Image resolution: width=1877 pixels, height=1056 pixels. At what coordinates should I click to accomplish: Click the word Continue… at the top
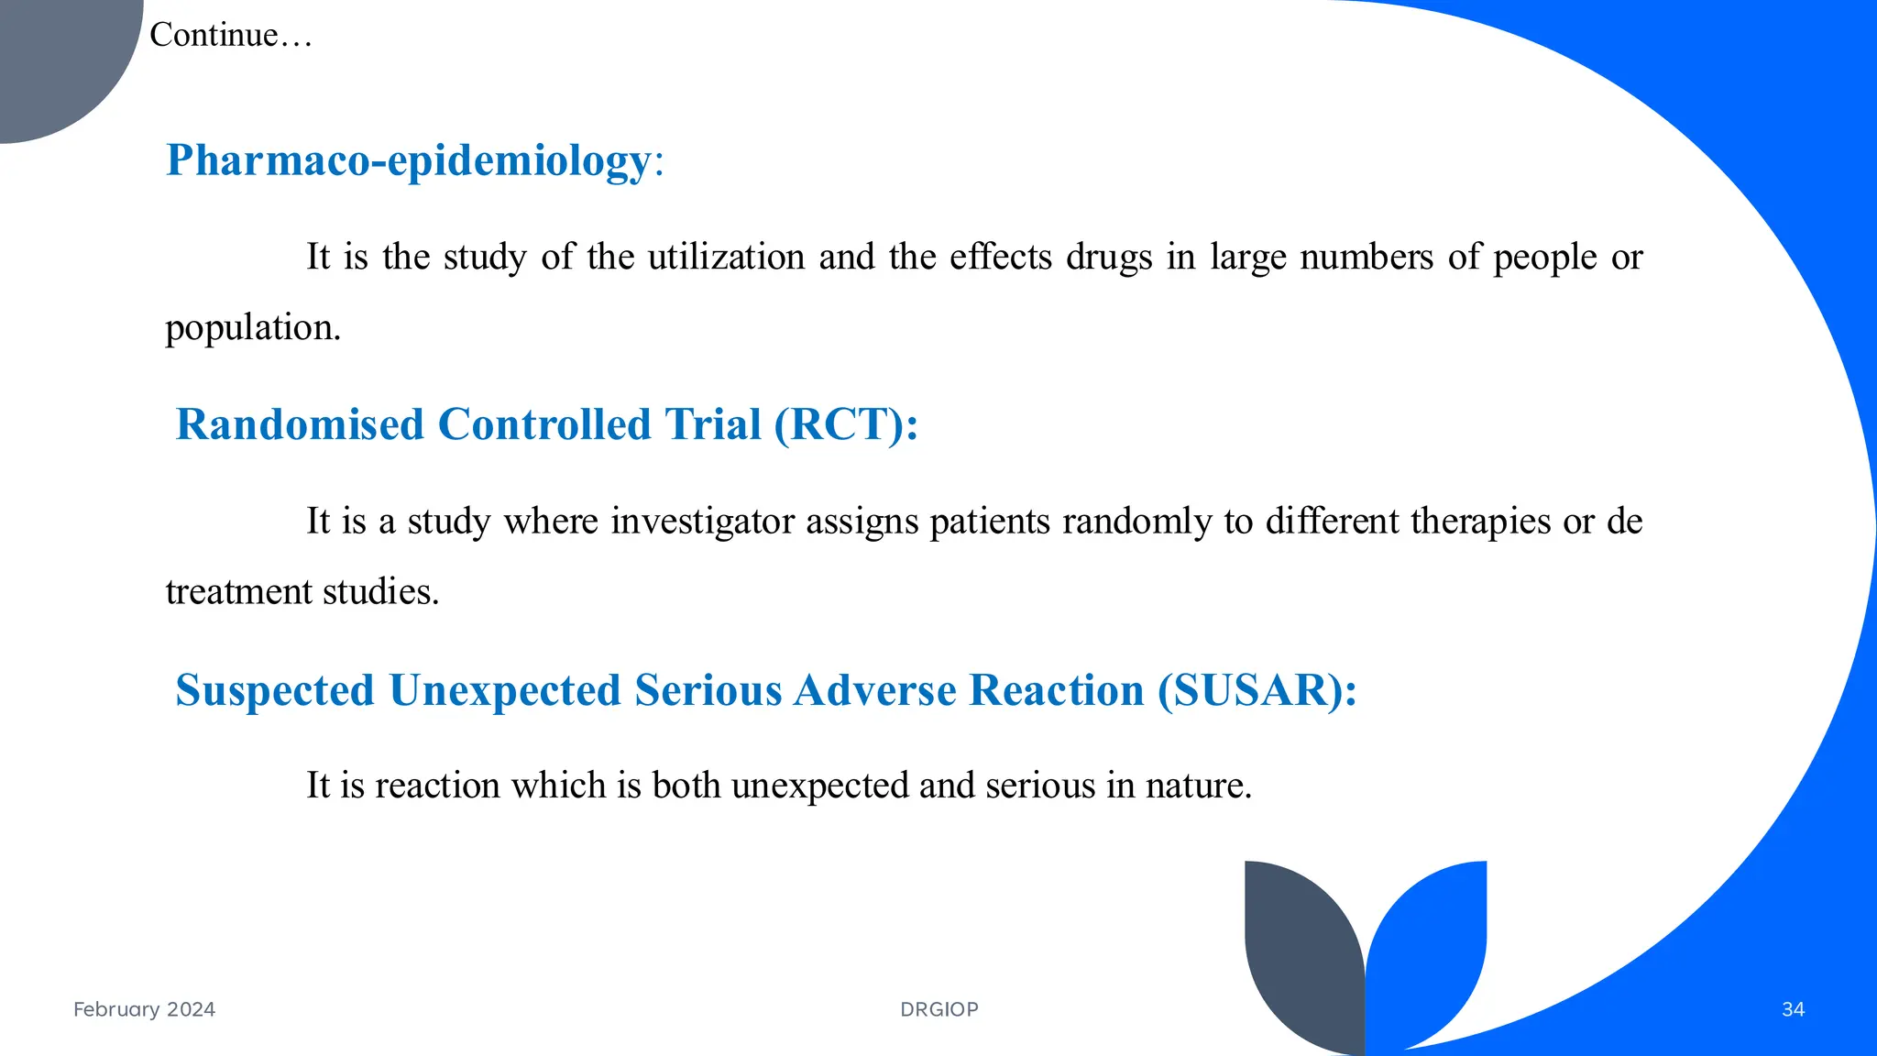pyautogui.click(x=230, y=35)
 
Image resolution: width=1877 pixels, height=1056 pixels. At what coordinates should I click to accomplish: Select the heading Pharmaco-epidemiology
pyautogui.click(x=408, y=160)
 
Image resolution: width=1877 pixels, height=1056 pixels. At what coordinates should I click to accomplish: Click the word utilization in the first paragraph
pyautogui.click(x=726, y=257)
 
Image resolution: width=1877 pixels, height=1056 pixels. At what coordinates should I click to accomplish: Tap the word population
pyautogui.click(x=252, y=328)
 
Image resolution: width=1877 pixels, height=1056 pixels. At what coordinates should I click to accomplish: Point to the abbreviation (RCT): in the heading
pyautogui.click(x=845, y=424)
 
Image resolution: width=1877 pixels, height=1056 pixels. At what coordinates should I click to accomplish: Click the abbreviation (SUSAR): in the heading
pyautogui.click(x=1256, y=690)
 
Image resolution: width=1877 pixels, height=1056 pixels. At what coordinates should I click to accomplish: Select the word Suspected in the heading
pyautogui.click(x=275, y=690)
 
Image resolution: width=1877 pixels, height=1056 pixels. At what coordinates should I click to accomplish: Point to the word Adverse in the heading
pyautogui.click(x=874, y=690)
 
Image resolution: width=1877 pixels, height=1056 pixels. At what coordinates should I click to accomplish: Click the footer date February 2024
pyautogui.click(x=144, y=1009)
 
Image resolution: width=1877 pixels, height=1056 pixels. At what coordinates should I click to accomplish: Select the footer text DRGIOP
pyautogui.click(x=938, y=1009)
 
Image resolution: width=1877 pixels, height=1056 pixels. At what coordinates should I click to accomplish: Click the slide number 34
pyautogui.click(x=1793, y=1009)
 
